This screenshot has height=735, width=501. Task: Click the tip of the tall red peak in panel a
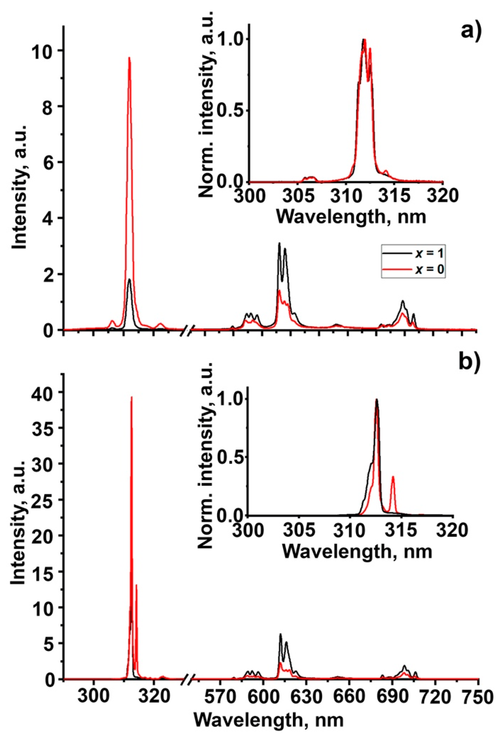click(129, 58)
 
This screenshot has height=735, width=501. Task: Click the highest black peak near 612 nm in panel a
click(279, 243)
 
